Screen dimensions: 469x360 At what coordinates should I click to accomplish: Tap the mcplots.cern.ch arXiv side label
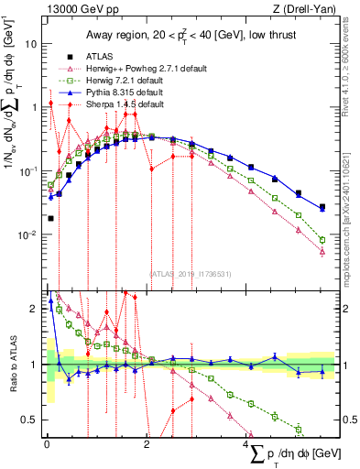pyautogui.click(x=352, y=211)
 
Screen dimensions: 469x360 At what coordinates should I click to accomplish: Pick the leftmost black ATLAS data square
pyautogui.click(x=50, y=218)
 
